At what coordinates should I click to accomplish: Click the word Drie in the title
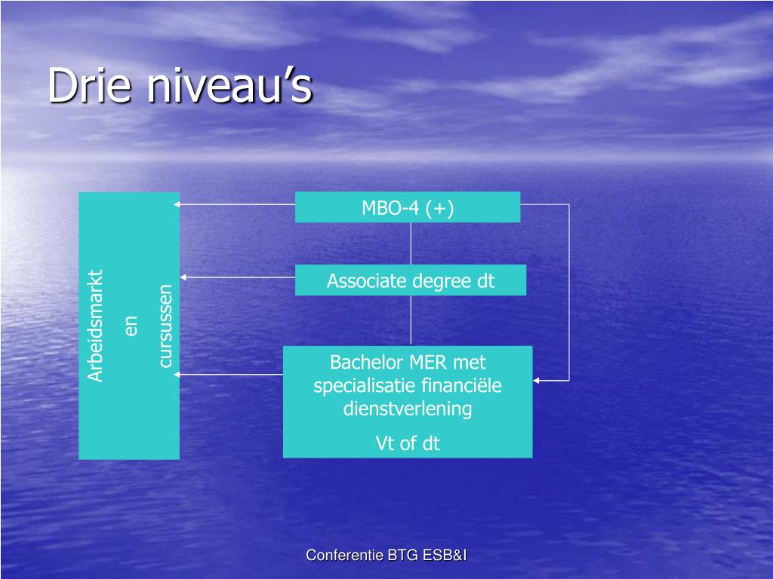coord(91,85)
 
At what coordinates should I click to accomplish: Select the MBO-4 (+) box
coord(408,207)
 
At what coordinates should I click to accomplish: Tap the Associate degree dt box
coord(411,280)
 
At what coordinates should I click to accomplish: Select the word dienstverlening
coord(408,409)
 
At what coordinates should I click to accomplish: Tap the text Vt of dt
coord(408,443)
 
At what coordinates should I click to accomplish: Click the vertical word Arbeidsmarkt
coord(96,325)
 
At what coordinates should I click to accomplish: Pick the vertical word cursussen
coord(165,325)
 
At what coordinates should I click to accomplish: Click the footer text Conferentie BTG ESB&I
coord(386,556)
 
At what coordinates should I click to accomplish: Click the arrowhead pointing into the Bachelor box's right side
coord(537,381)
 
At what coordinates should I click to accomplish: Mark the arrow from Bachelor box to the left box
coord(230,374)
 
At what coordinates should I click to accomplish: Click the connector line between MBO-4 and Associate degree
coord(411,243)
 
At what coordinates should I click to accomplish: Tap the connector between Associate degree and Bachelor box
coord(411,320)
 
